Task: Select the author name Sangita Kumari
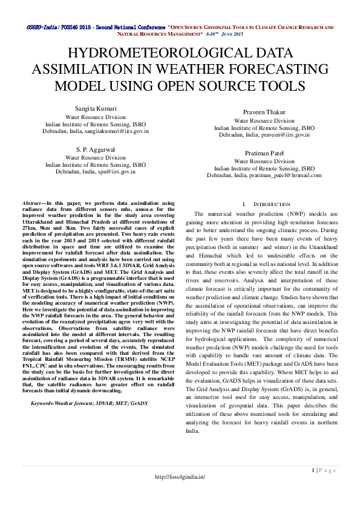95,108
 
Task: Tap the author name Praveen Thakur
264,112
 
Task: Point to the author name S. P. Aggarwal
95,149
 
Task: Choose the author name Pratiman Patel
264,154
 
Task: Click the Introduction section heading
269,204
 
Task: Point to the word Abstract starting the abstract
31,204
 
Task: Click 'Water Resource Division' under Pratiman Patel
264,161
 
